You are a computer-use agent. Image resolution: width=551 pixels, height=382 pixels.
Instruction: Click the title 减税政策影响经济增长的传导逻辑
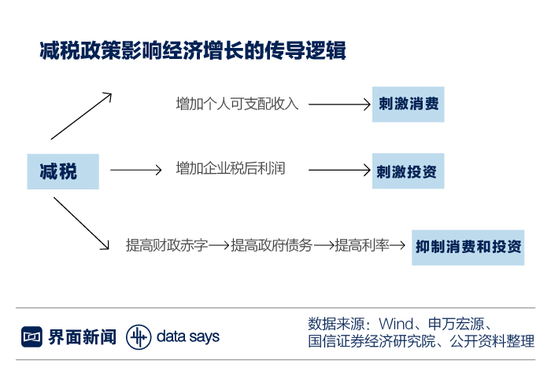tap(193, 51)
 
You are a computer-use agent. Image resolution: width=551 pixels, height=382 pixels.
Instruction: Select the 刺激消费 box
tap(408, 104)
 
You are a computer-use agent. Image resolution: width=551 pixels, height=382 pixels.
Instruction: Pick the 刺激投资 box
tap(408, 171)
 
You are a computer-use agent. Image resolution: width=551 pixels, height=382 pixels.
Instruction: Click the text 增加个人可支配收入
tap(237, 104)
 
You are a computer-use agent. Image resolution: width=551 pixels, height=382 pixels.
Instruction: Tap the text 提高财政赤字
tap(167, 246)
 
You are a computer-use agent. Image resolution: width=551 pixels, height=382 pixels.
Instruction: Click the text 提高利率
tap(363, 246)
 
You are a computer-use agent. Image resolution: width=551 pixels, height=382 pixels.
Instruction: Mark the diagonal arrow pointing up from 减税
tap(81, 116)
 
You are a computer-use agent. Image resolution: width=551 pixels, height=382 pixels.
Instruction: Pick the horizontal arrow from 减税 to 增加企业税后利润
tap(135, 170)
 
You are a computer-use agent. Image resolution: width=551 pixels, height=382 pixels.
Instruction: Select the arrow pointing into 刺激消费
tap(338, 104)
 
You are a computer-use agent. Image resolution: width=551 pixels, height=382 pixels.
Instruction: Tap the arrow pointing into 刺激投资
tap(338, 170)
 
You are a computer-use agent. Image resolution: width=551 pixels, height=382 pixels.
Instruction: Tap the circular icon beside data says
tap(139, 337)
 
